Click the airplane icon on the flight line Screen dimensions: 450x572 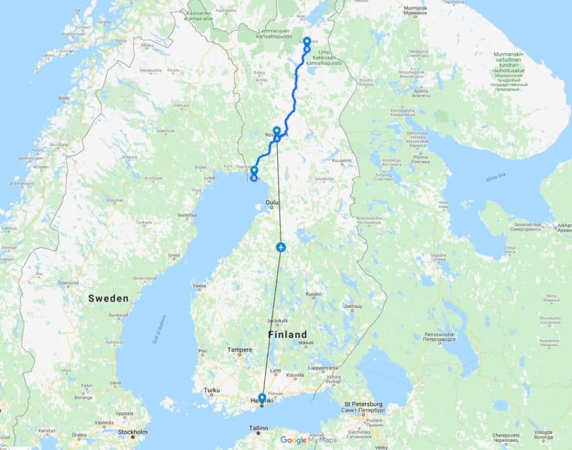(281, 247)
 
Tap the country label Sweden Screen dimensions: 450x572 (108, 298)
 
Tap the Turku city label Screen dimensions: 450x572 (212, 390)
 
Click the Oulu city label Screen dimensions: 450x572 (272, 201)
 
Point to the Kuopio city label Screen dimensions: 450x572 (314, 294)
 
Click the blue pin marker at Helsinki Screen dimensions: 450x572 (262, 398)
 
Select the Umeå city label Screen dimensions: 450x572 (174, 255)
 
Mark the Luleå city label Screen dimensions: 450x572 (209, 179)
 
